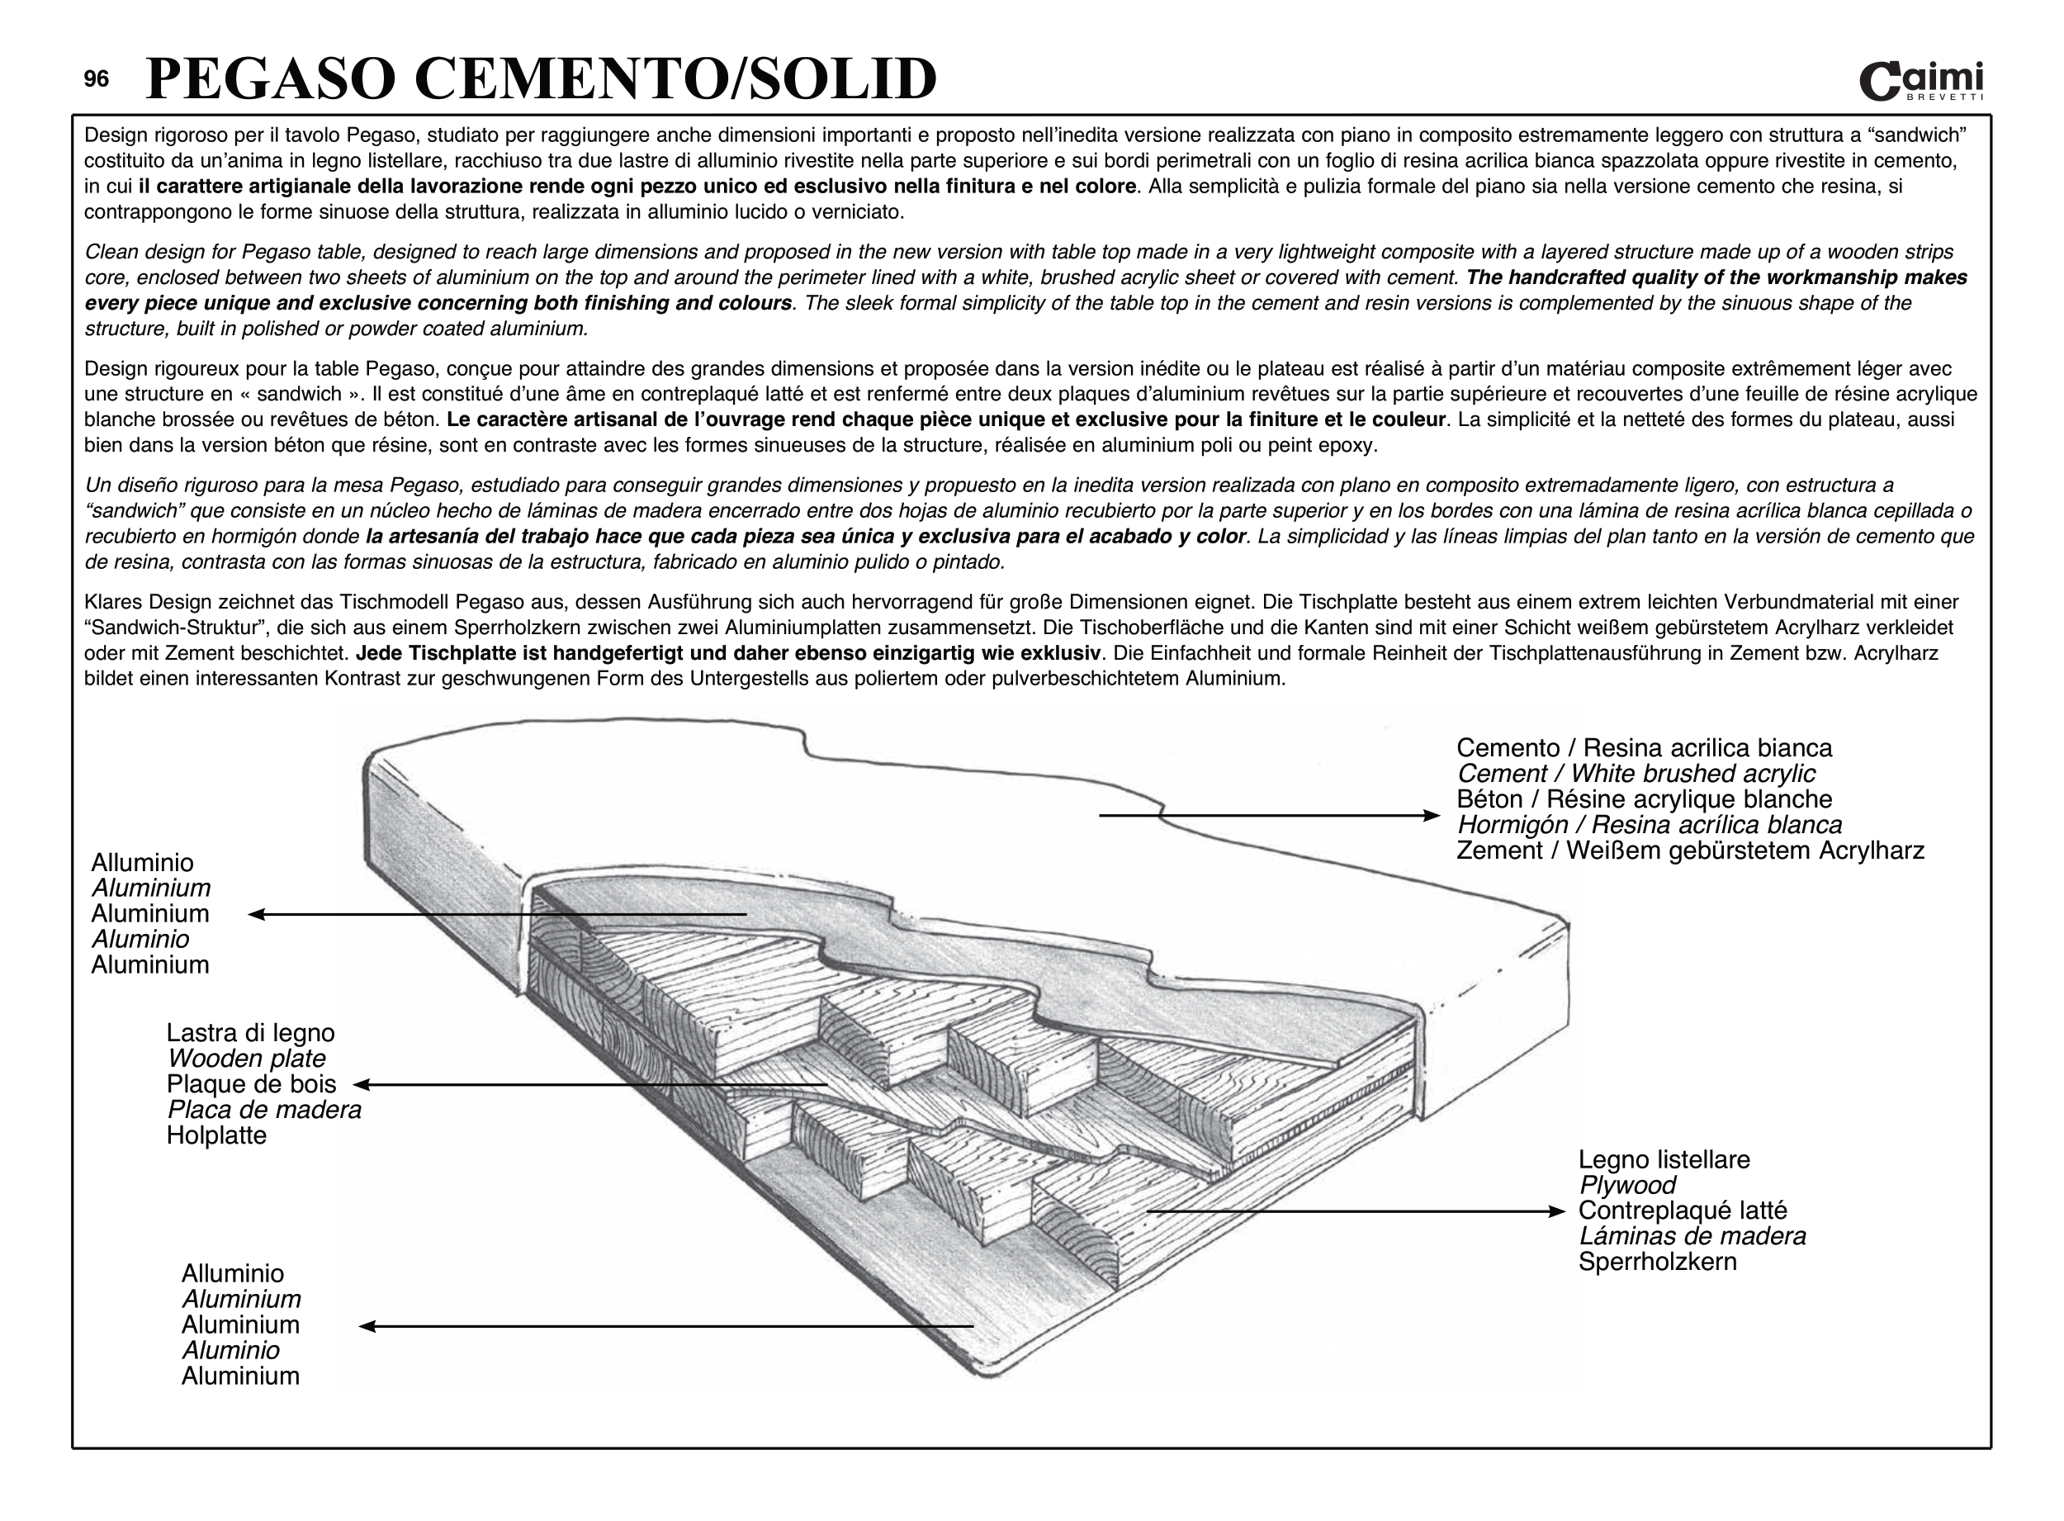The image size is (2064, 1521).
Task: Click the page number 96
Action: [96, 79]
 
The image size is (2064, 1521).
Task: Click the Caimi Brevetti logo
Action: [1920, 81]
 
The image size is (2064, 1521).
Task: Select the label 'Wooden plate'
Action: [246, 1059]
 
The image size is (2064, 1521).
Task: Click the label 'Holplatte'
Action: [216, 1135]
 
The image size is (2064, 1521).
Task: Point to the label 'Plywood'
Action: [1626, 1185]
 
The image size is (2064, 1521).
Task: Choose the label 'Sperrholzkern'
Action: [1657, 1262]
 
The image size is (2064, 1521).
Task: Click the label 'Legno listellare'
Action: [1664, 1159]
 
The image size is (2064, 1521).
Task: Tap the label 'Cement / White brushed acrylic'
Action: [1635, 774]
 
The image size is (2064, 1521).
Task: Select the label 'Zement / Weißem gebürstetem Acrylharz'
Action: [1689, 850]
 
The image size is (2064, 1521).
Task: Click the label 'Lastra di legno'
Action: [250, 1033]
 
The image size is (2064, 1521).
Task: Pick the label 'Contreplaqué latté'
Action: [1682, 1211]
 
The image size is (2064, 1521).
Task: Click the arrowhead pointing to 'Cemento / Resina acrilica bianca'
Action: [1432, 815]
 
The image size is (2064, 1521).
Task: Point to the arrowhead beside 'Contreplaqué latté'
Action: [1558, 1211]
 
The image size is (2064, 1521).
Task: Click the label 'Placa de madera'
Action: [264, 1110]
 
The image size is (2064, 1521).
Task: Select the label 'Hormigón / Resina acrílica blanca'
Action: [1649, 825]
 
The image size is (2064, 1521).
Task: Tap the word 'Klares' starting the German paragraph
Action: [113, 602]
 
